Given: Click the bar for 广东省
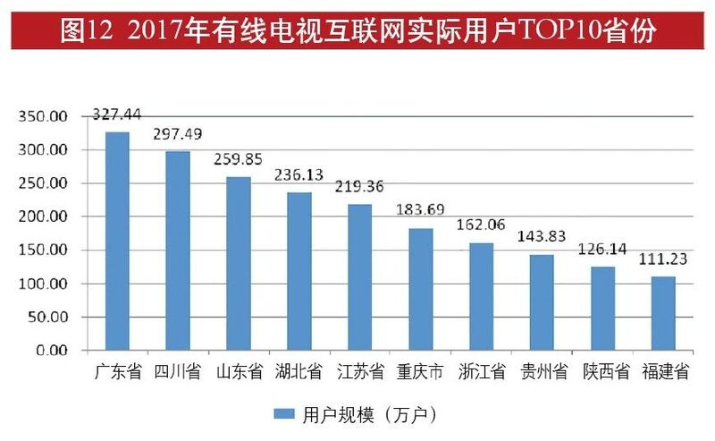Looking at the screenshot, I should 117,241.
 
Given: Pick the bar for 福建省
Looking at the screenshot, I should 663,313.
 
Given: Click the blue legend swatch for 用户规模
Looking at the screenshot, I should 284,414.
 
